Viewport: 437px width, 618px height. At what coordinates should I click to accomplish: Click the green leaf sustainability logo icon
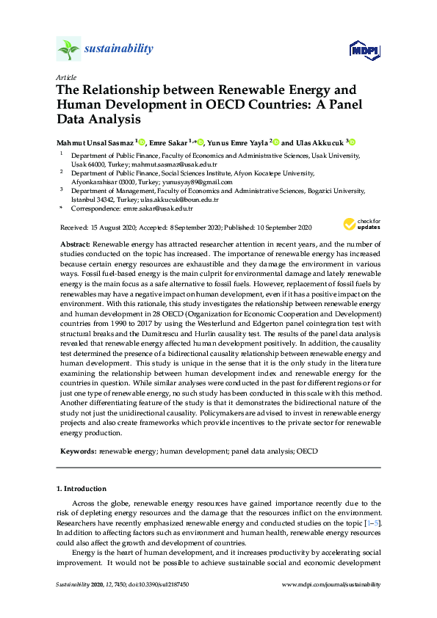click(x=68, y=50)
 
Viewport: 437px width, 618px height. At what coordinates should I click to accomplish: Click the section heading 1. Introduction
click(x=81, y=488)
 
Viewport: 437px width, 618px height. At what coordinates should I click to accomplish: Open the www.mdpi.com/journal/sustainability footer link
click(x=331, y=585)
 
